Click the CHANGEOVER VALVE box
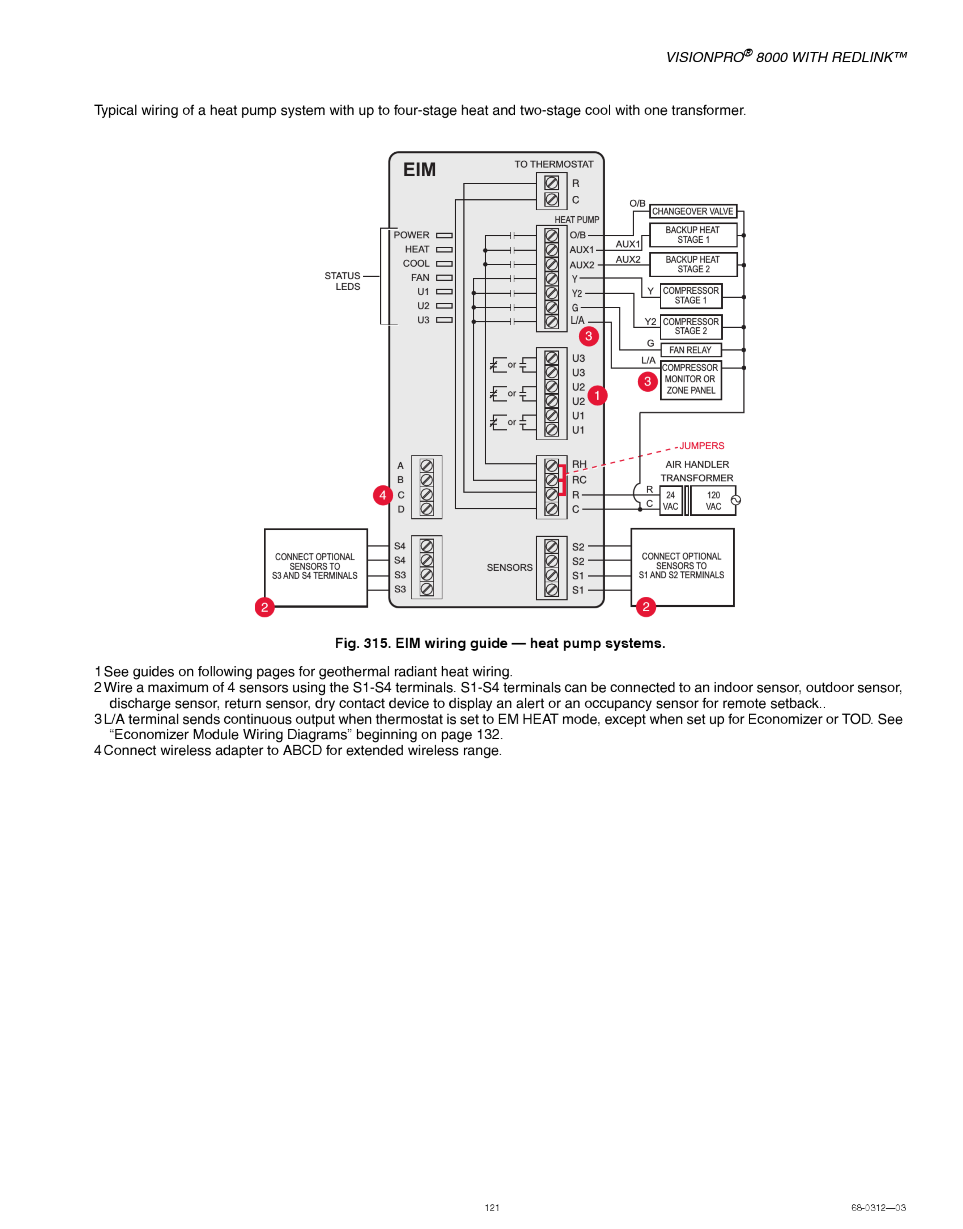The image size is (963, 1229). pos(693,212)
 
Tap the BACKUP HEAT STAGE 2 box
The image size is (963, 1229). pos(693,264)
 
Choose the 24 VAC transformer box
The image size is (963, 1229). pos(670,501)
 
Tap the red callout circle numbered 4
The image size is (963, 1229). pos(383,496)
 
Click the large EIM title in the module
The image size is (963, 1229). pos(419,170)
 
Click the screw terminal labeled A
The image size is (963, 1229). pos(427,466)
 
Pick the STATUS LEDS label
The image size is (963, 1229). pos(343,281)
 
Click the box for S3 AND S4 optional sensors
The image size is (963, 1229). pos(315,567)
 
